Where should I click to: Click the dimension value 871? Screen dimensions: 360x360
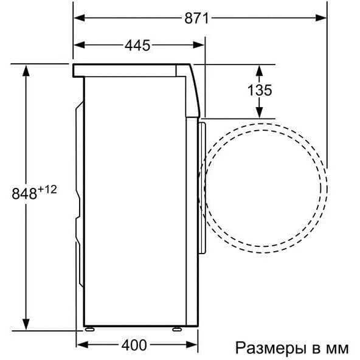[x=196, y=18]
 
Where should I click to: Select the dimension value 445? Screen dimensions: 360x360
[x=138, y=46]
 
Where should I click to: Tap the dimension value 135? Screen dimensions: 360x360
[x=260, y=90]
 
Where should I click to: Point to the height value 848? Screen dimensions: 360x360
[x=24, y=194]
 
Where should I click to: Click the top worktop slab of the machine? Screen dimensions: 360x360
[x=128, y=71]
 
